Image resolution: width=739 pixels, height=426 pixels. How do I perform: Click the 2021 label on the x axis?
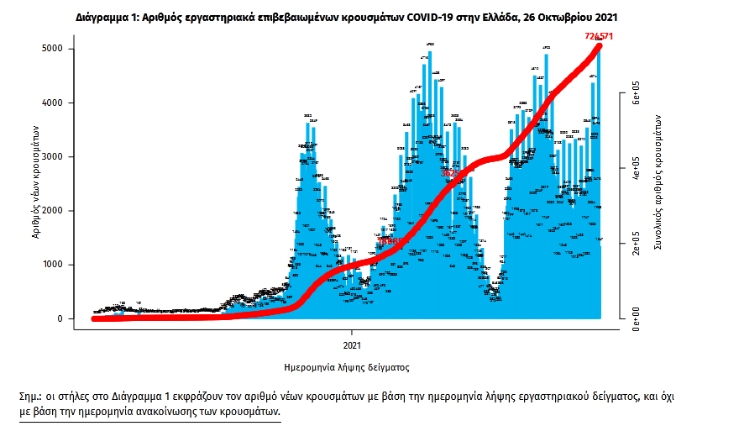pos(354,345)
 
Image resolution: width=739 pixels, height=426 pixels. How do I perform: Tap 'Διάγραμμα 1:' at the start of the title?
pos(106,16)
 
